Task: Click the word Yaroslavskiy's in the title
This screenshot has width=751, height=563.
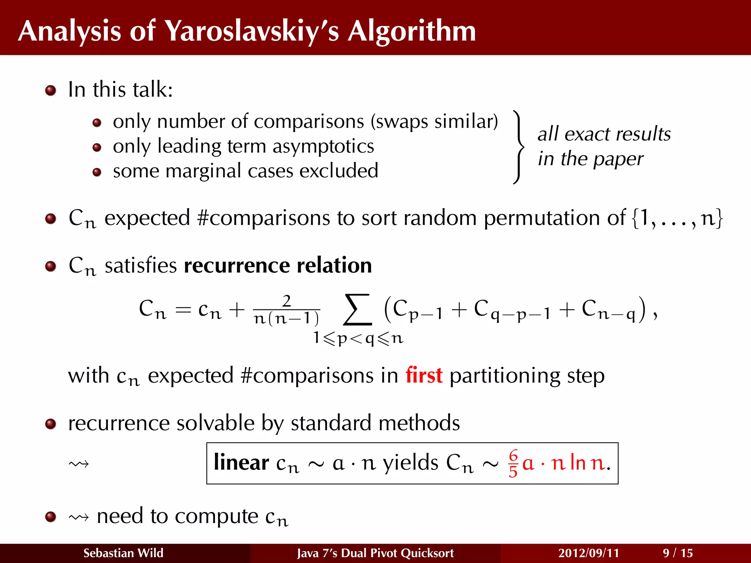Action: coord(252,31)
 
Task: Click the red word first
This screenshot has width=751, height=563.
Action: coord(424,375)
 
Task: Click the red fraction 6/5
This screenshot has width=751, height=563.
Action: coord(513,463)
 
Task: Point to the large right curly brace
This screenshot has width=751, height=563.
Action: coord(518,147)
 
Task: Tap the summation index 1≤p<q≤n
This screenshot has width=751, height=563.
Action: coord(358,338)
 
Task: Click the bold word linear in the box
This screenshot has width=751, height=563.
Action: coord(241,463)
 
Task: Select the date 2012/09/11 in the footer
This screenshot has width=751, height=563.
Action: coord(589,553)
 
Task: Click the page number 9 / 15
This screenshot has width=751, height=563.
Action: coord(678,553)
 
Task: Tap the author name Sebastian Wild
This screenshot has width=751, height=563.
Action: coord(123,553)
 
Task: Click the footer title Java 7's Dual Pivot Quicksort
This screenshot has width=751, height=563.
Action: coord(375,553)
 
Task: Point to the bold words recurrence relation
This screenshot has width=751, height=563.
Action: coord(278,265)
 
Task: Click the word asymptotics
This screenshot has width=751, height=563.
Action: coord(323,146)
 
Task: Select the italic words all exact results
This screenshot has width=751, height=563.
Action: coord(604,134)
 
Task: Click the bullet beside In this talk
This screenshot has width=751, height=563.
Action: coord(51,90)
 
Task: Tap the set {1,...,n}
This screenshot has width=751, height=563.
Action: coord(677,218)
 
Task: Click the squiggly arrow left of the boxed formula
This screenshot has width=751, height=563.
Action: coord(78,464)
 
